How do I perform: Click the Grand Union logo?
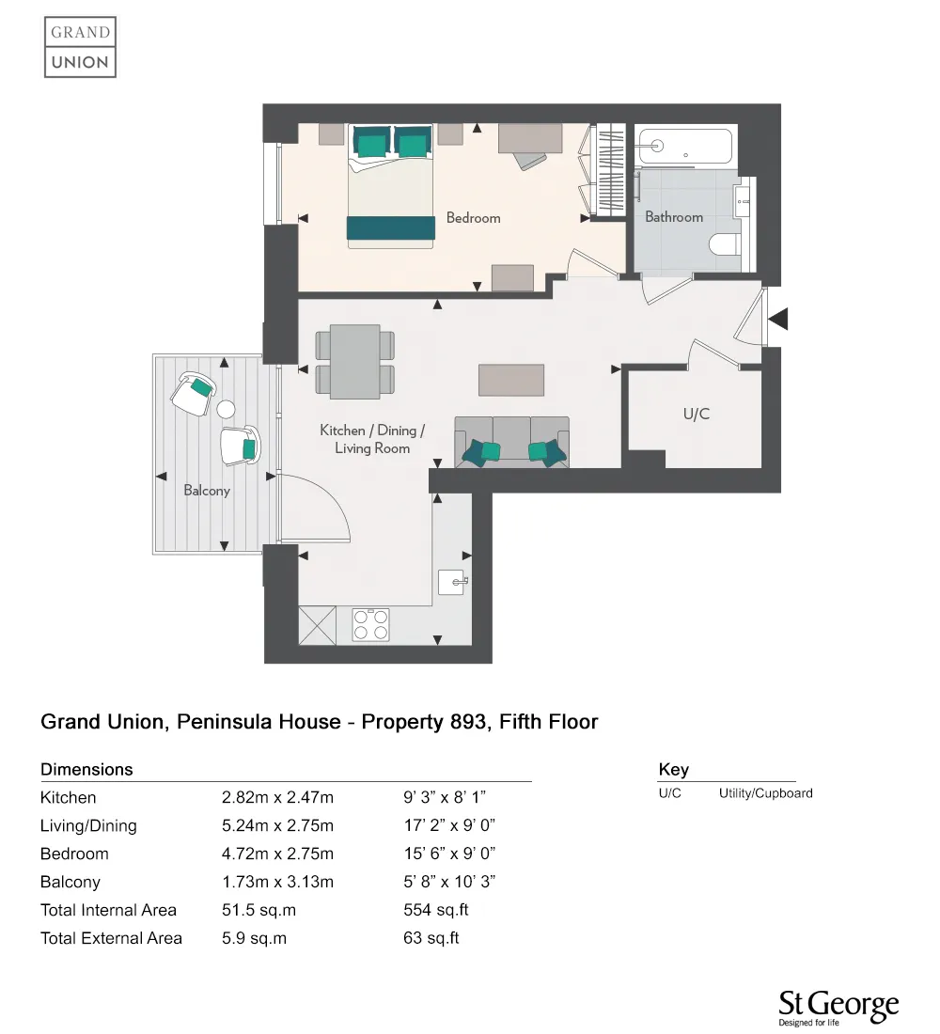click(81, 47)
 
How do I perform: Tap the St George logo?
click(838, 1008)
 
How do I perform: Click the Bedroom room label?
click(473, 218)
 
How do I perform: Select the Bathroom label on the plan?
click(674, 217)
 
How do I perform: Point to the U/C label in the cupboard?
click(696, 414)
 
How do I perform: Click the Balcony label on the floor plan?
click(207, 491)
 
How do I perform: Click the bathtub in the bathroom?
click(683, 146)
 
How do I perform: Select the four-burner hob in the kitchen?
click(370, 625)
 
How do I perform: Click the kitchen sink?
click(452, 582)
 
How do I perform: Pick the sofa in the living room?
click(511, 442)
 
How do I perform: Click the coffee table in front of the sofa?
click(511, 379)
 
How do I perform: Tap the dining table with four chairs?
click(355, 362)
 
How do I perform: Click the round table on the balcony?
click(226, 409)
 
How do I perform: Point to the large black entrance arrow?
click(779, 320)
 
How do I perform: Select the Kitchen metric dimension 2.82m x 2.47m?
click(277, 798)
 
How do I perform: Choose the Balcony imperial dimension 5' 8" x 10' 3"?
click(448, 882)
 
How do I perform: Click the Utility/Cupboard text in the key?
click(765, 793)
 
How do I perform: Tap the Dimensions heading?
click(86, 770)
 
